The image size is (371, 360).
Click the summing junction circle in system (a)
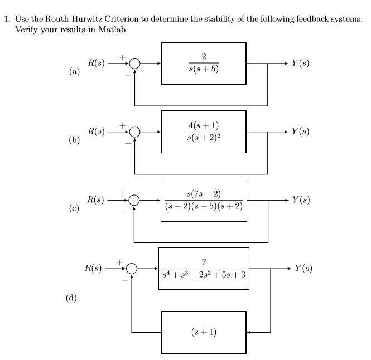(x=134, y=64)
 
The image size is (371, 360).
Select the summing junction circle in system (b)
(x=134, y=132)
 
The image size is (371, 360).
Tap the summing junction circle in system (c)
(x=134, y=200)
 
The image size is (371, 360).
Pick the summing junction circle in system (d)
(x=131, y=269)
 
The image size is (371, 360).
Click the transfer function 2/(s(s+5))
(x=204, y=64)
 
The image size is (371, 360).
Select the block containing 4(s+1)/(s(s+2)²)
(x=204, y=132)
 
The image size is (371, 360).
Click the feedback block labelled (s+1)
(x=204, y=332)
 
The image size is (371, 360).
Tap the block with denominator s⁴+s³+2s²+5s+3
(x=204, y=269)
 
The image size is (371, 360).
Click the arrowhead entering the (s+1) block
(x=249, y=332)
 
